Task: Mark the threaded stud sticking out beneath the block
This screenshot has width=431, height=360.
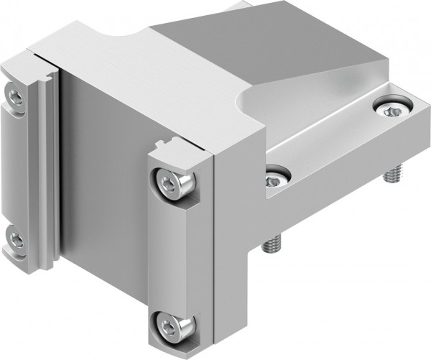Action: click(274, 245)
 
